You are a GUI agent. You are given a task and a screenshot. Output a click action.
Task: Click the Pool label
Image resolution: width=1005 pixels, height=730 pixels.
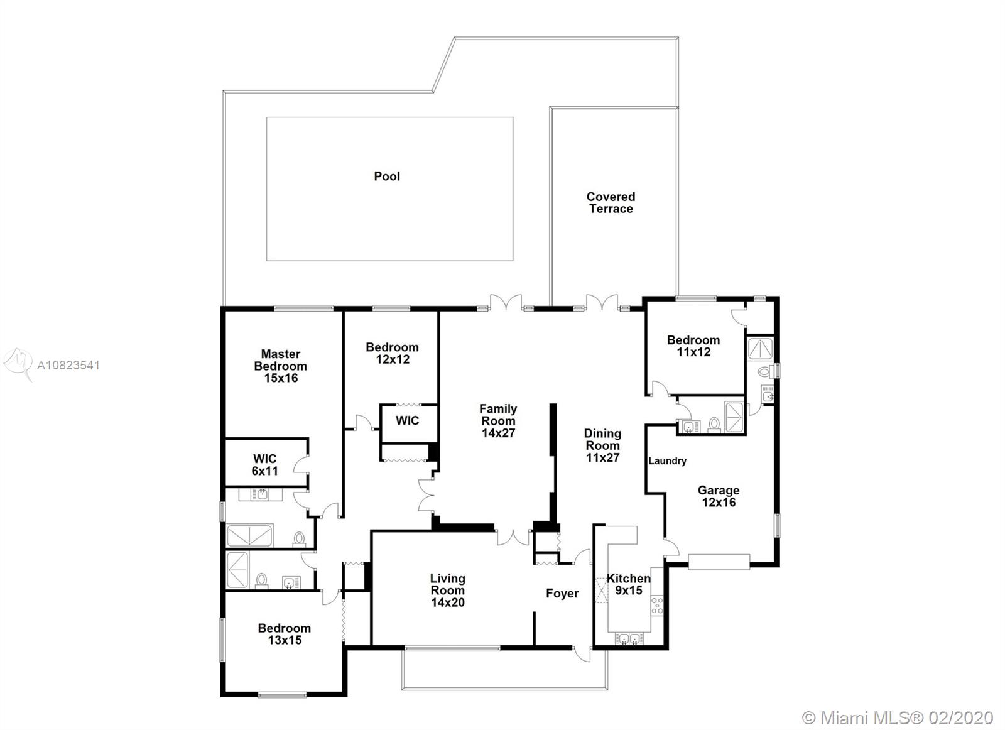(x=387, y=177)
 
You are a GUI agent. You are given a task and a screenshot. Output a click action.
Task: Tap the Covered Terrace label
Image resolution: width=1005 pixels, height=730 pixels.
(x=611, y=203)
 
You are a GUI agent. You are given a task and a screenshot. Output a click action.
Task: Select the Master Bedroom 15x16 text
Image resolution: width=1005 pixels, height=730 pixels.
(x=280, y=366)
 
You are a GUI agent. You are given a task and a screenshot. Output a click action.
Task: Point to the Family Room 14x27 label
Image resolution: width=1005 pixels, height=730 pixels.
(x=498, y=421)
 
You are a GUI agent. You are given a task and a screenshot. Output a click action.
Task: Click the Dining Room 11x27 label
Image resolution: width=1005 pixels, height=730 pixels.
(x=602, y=445)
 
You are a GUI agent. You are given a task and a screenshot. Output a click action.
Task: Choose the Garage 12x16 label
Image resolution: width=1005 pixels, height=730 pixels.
(x=719, y=496)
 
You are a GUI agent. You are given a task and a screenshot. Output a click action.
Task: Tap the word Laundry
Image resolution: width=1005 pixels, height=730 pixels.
(x=667, y=460)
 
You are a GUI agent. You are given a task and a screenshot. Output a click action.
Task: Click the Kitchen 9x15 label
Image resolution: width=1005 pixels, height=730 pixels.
(x=629, y=584)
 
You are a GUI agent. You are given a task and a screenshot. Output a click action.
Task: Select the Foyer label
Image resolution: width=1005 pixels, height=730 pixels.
(x=562, y=593)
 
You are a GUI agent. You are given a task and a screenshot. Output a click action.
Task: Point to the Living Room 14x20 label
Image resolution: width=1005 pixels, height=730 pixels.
(x=448, y=591)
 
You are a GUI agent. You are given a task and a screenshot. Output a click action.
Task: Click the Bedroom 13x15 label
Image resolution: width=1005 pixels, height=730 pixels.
(x=285, y=634)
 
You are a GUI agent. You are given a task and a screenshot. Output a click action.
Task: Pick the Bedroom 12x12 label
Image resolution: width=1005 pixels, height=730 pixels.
(x=392, y=353)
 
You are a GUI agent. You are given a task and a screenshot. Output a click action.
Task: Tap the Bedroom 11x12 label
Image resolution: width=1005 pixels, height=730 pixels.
(x=693, y=346)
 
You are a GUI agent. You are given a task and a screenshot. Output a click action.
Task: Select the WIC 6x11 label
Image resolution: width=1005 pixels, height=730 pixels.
(x=264, y=465)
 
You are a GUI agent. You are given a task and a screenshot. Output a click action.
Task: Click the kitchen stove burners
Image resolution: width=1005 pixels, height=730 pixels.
(x=657, y=604)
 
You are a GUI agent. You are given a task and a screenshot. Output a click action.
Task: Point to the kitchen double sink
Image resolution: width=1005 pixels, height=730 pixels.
(x=629, y=638)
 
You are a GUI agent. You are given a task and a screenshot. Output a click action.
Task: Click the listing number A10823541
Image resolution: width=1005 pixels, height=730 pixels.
(x=68, y=365)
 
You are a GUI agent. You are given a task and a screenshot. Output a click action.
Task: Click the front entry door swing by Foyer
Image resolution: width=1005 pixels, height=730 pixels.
(x=582, y=654)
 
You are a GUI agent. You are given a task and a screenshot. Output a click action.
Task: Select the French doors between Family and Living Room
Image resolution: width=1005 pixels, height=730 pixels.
(x=513, y=538)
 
